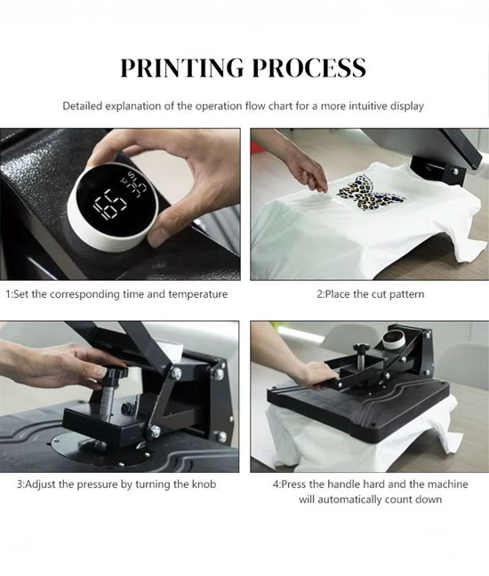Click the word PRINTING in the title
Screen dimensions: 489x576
pyautogui.click(x=182, y=68)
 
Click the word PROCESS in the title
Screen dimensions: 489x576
pyautogui.click(x=309, y=68)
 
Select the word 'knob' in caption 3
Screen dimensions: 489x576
pyautogui.click(x=204, y=484)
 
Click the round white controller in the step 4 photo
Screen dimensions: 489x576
pyautogui.click(x=393, y=339)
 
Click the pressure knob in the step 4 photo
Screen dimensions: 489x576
pyautogui.click(x=360, y=347)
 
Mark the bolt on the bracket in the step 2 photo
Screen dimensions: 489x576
pyautogui.click(x=456, y=172)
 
